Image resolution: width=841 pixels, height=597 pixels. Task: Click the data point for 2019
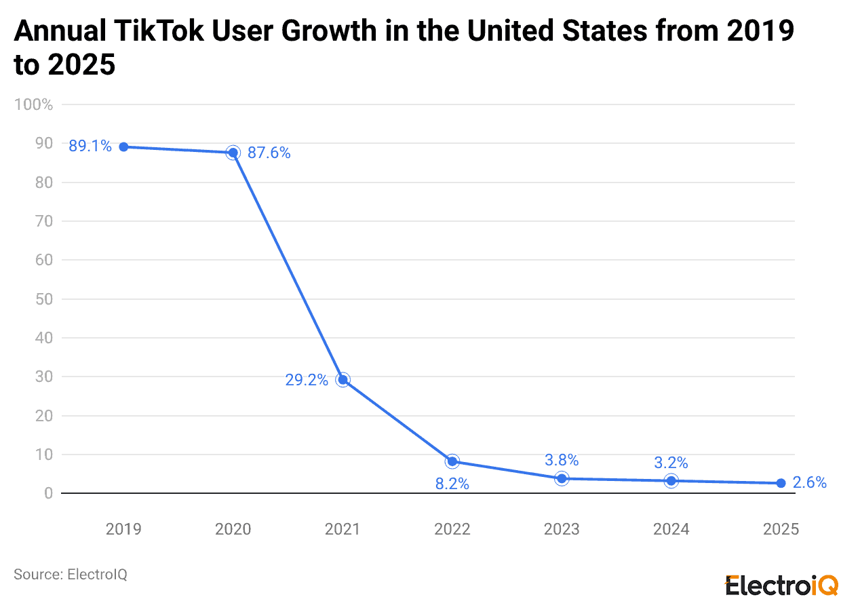point(123,147)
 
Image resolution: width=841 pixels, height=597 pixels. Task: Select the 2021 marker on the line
point(343,379)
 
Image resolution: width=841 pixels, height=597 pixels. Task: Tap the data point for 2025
point(781,483)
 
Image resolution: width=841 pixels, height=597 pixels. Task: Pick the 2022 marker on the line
point(452,461)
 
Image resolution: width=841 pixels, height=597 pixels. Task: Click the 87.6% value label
point(269,153)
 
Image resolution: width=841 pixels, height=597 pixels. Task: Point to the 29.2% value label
point(307,380)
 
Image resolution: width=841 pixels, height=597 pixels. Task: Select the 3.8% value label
point(562,460)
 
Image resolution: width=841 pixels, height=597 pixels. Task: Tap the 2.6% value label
point(810,483)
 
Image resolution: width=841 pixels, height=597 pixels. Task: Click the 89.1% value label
point(90,146)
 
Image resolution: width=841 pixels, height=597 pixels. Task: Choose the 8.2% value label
point(452,484)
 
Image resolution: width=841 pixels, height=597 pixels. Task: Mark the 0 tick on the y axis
point(48,493)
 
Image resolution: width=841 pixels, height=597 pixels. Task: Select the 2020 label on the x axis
point(233,529)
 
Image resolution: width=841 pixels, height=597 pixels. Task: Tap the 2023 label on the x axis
point(562,529)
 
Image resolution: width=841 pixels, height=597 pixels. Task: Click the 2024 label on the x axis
point(671,529)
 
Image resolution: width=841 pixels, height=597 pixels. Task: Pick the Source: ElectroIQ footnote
point(71,574)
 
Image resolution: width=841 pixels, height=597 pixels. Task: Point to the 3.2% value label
point(671,463)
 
